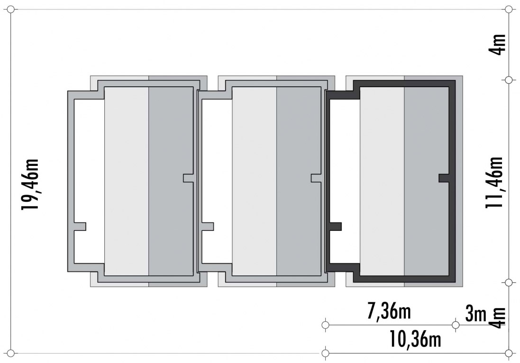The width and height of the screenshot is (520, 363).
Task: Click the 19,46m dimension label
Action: [x=30, y=184]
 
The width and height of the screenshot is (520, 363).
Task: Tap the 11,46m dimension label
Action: [x=494, y=182]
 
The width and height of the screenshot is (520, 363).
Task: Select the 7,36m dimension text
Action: [x=389, y=311]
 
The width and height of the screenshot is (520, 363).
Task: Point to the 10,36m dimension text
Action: [x=415, y=339]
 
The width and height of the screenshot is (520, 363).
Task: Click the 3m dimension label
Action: [x=476, y=313]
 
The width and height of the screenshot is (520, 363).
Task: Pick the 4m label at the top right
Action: [x=497, y=45]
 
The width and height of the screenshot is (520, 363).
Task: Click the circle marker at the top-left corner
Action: [x=10, y=9]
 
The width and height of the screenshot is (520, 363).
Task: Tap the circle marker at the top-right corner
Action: [x=509, y=9]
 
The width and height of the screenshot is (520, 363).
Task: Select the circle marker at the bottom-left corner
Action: [x=10, y=354]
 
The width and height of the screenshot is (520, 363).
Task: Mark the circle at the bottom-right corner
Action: [x=509, y=354]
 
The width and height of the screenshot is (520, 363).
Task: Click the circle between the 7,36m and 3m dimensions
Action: [x=456, y=325]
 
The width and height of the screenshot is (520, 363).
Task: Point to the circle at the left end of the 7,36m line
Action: [x=325, y=325]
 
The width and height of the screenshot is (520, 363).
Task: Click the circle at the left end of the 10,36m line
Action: [x=325, y=354]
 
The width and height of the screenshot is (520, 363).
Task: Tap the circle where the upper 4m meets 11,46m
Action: [x=509, y=80]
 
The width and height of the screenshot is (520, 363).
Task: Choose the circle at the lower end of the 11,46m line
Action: [x=509, y=282]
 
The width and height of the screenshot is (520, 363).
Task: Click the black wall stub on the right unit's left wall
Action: [x=335, y=227]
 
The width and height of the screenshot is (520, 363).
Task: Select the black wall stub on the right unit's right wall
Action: [x=444, y=178]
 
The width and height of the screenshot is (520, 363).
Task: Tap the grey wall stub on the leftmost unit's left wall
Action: [x=80, y=227]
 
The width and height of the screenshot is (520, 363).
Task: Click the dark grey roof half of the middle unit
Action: [x=299, y=181]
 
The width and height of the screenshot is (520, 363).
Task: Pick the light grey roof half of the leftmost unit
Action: [x=127, y=181]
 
